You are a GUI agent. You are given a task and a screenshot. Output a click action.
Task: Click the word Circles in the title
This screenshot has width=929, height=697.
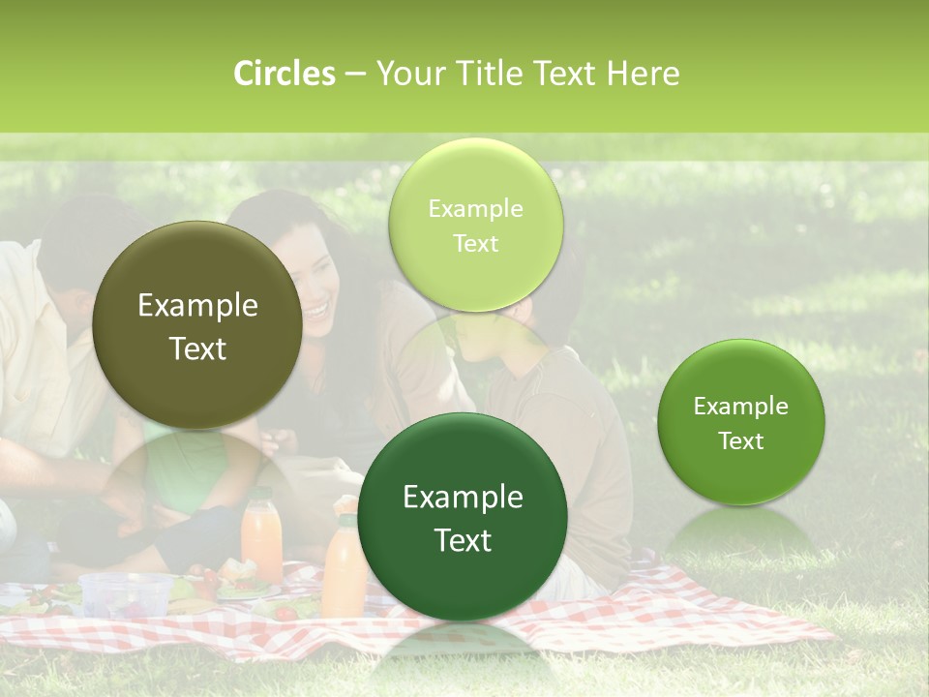pos(285,74)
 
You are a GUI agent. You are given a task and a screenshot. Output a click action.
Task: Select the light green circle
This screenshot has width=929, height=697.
pos(475,225)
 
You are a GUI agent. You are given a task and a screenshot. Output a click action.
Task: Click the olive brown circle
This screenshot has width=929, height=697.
pos(197,325)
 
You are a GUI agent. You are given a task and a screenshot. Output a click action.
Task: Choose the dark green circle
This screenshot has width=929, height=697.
pos(463,517)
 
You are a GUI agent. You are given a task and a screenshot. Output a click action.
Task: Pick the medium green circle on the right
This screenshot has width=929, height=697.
pos(741,422)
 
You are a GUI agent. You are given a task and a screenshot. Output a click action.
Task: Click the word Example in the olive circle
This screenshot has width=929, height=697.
pos(197,306)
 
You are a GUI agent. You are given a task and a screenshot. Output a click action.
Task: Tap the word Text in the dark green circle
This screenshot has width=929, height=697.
pos(463,540)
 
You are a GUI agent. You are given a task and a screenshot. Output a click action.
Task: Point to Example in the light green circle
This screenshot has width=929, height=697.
pos(475,208)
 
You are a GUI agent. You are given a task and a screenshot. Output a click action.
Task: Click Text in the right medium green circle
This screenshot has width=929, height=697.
pos(741,441)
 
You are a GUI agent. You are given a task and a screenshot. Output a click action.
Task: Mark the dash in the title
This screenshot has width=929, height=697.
pos(355,75)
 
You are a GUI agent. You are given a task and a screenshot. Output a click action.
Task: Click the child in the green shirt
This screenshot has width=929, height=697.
pos(184,465)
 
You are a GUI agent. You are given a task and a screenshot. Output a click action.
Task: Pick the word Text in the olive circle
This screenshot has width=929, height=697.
pos(197,348)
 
